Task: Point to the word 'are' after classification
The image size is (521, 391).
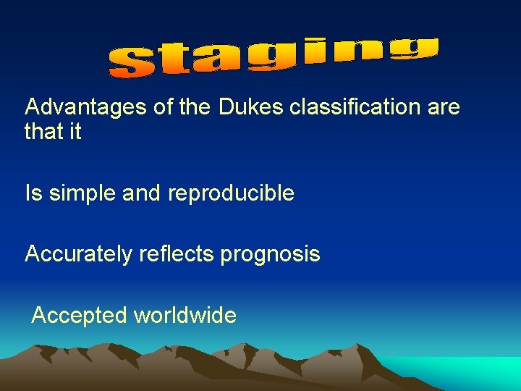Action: [444, 107]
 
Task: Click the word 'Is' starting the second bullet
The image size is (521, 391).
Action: [33, 193]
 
